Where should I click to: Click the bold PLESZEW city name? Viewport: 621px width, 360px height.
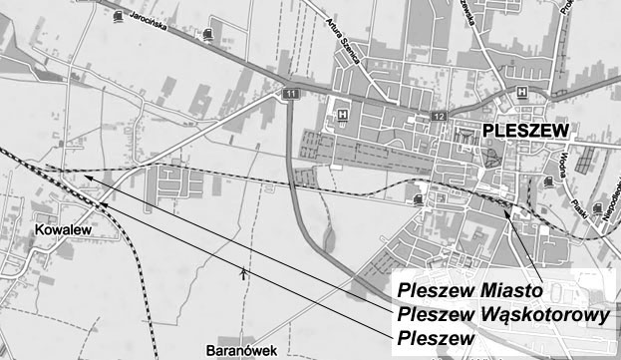pyautogui.click(x=524, y=131)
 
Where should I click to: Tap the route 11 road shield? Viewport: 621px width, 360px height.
pyautogui.click(x=290, y=94)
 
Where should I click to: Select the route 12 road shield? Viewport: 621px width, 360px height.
pyautogui.click(x=440, y=117)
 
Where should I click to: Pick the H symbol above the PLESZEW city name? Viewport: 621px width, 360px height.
pyautogui.click(x=521, y=93)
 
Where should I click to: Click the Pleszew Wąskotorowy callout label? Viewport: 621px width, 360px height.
pyautogui.click(x=502, y=315)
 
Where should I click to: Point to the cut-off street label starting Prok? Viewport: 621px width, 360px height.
pyautogui.click(x=594, y=10)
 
